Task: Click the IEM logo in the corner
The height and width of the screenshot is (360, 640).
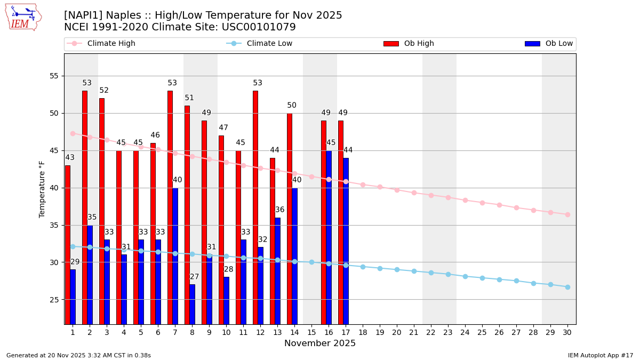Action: [x=23, y=17]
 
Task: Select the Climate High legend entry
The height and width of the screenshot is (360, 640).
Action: [x=111, y=44]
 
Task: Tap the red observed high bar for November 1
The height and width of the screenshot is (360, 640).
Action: [x=68, y=244]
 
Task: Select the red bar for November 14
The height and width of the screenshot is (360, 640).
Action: [x=290, y=219]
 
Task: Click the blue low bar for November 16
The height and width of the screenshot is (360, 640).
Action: [x=329, y=237]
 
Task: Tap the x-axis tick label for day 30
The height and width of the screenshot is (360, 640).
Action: [x=567, y=332]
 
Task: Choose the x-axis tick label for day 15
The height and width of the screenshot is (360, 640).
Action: [x=311, y=332]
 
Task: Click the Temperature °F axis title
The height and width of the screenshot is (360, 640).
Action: [x=42, y=189]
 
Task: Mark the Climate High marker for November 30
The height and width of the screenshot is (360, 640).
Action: [x=567, y=214]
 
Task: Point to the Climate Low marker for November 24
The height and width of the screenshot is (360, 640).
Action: [x=465, y=276]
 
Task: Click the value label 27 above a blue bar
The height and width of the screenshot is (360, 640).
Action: [x=195, y=277]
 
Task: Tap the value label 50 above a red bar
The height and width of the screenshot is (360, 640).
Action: [x=292, y=106]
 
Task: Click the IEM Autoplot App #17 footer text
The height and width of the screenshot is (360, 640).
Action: [x=601, y=355]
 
